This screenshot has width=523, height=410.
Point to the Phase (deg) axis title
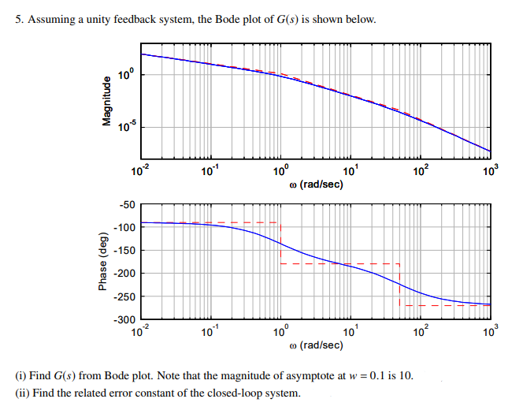pos(101,262)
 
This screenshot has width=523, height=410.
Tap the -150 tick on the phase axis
pos(125,251)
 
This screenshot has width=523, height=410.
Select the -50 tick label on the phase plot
pos(128,205)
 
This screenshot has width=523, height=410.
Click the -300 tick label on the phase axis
pos(125,319)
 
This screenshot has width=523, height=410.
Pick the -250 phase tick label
pos(125,296)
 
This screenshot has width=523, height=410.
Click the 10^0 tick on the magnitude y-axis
pos(126,75)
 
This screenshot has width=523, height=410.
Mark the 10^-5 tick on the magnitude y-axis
pos(126,126)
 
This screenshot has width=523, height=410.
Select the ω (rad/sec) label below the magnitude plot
pos(315,184)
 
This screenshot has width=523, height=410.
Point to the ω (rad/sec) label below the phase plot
pos(315,345)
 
